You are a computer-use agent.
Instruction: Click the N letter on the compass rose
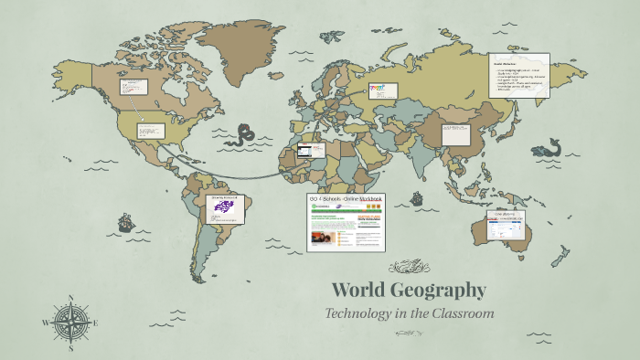tap(70, 299)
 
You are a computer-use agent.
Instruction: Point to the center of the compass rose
tap(70, 322)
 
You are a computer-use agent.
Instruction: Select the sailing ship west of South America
tap(125, 223)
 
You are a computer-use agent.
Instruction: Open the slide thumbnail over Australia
tap(506, 226)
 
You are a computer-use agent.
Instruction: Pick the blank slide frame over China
tap(457, 133)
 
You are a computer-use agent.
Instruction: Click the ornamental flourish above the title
tap(409, 268)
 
